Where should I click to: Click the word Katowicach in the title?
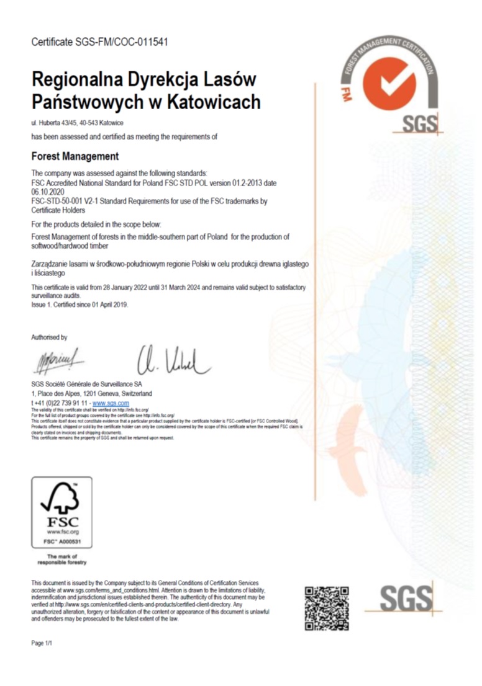point(211,101)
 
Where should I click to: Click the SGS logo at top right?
point(419,124)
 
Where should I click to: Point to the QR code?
point(326,608)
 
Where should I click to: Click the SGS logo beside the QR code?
point(406,599)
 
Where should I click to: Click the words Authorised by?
point(49,337)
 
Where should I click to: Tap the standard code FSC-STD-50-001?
point(57,201)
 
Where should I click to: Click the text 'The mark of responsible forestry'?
point(61,559)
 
